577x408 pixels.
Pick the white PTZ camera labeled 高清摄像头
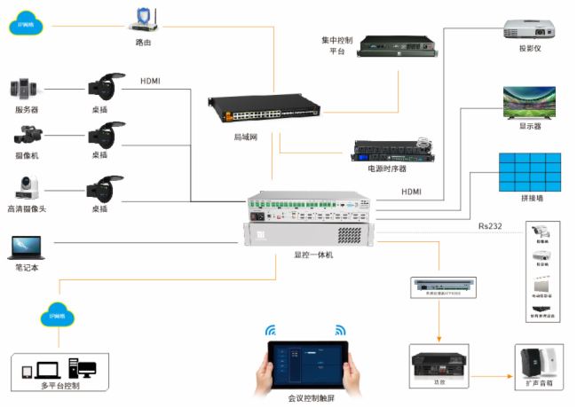pyautogui.click(x=26, y=187)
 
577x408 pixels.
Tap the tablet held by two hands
pyautogui.click(x=306, y=363)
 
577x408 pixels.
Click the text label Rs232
pyautogui.click(x=489, y=226)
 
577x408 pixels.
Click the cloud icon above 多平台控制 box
pyautogui.click(x=58, y=315)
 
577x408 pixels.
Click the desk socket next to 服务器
pyautogui.click(x=99, y=86)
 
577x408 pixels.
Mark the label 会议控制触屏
pyautogui.click(x=308, y=400)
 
